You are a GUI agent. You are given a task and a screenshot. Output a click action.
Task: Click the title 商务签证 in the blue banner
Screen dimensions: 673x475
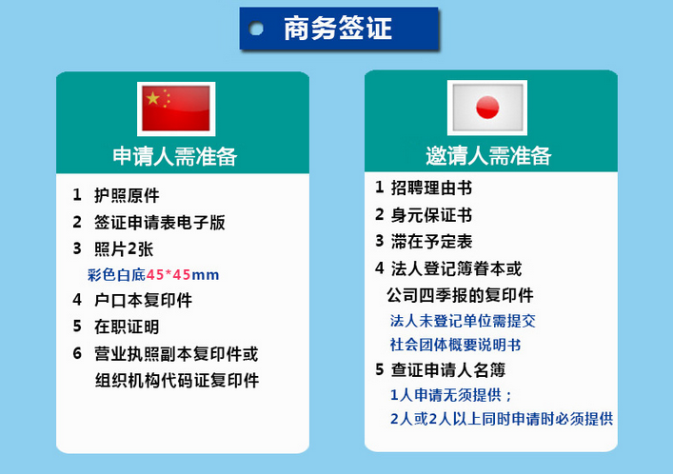(338, 29)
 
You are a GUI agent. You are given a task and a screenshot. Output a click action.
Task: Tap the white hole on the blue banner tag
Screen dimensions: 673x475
(256, 29)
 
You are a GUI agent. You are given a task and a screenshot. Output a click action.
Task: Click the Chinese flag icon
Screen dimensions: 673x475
(176, 109)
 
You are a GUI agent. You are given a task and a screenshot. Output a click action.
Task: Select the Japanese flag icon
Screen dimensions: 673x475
(487, 108)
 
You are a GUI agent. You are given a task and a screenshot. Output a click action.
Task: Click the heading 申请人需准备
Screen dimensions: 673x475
(175, 156)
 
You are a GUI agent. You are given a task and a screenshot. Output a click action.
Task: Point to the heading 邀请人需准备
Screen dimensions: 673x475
(488, 155)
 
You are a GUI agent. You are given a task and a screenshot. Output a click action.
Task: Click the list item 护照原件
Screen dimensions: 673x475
(127, 195)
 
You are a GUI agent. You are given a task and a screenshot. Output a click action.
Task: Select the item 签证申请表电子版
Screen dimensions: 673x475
(160, 222)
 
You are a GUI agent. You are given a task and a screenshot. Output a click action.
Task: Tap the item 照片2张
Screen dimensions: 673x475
(124, 248)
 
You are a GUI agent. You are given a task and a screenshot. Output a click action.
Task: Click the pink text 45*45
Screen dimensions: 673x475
(168, 274)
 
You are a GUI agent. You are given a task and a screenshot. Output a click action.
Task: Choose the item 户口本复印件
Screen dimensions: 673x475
(144, 300)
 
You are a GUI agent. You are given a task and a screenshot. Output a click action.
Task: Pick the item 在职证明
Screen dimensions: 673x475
(127, 327)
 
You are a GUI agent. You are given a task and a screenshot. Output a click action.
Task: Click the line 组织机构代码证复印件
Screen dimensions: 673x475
(177, 380)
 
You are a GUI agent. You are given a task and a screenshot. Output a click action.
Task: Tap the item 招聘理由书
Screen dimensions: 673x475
(431, 188)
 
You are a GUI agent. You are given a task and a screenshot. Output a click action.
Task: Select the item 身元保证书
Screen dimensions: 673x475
(431, 214)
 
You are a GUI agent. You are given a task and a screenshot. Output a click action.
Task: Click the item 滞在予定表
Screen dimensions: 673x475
(431, 241)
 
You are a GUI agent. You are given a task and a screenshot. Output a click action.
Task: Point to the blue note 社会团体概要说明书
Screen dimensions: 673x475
(455, 345)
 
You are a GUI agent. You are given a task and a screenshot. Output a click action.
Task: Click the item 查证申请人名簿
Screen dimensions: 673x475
(448, 370)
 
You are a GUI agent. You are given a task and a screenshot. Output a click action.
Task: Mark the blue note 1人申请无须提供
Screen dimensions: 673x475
(445, 395)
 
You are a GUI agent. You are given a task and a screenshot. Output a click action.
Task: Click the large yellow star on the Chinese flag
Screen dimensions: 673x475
(152, 99)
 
